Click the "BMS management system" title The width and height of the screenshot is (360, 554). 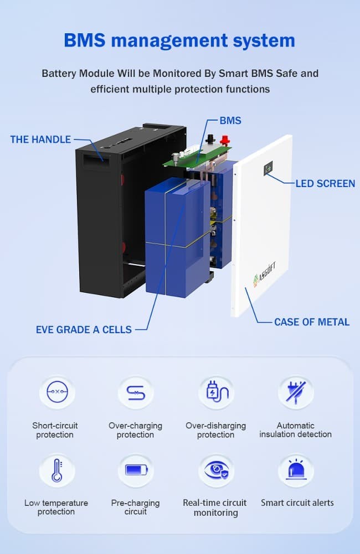point(179,40)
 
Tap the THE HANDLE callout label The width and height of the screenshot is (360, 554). point(40,139)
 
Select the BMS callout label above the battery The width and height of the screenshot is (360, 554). point(230,120)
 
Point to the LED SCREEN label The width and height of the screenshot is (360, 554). point(325,183)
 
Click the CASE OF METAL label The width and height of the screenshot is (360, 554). point(312,322)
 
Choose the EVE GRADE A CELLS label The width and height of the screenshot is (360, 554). point(84,329)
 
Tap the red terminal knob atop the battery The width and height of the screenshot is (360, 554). point(224,140)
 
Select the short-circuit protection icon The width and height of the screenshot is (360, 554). point(56,392)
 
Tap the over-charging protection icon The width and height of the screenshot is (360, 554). point(136,392)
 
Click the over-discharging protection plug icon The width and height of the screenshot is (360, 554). point(215,392)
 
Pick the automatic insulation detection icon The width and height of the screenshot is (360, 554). point(295,392)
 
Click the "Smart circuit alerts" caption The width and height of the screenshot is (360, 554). point(297,503)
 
